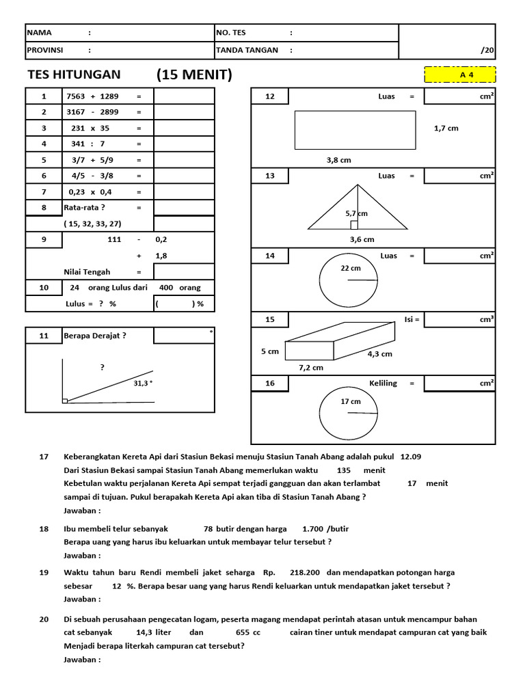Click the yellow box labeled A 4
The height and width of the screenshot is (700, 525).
click(460, 75)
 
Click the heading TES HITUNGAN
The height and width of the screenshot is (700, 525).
click(73, 75)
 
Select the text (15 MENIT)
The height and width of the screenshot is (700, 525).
click(194, 75)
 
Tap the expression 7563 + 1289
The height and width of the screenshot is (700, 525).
click(91, 96)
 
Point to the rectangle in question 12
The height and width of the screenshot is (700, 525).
click(355, 130)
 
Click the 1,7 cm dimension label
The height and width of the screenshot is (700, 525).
click(446, 128)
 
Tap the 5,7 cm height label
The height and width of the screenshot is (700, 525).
click(357, 213)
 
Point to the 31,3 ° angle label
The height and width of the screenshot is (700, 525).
click(143, 383)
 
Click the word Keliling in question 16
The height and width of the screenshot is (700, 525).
click(383, 383)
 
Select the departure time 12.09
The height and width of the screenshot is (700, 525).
click(411, 457)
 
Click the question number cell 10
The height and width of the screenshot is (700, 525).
click(44, 288)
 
